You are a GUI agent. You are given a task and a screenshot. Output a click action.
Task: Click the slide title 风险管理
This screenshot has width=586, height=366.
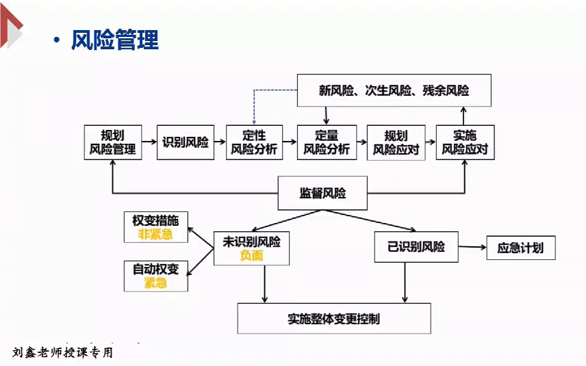pos(114,40)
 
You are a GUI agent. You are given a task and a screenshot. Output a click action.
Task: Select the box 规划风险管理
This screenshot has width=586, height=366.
pos(112,142)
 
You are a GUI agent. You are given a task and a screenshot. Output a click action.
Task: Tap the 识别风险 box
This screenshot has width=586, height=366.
pos(186,142)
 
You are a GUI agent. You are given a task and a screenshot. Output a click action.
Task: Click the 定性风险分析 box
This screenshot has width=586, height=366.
pos(253,142)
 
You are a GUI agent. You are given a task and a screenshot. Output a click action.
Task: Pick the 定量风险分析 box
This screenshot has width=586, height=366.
pos(326,142)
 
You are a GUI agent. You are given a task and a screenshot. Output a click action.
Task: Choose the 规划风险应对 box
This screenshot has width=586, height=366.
pos(396,142)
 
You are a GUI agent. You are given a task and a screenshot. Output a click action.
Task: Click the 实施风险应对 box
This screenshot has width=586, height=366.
pos(465,142)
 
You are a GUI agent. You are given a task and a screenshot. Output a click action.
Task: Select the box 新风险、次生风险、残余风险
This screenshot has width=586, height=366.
pos(394,90)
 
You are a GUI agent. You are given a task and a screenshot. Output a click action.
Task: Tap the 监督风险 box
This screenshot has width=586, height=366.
pos(322,193)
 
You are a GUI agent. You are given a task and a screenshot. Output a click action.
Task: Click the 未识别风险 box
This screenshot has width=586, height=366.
pos(251,248)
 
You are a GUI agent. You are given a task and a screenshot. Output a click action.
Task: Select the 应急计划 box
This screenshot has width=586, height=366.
pos(520,247)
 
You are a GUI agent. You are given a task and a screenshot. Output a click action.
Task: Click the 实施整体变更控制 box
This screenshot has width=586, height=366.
pos(334,318)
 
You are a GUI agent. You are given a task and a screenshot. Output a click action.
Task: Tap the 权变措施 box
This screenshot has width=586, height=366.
pos(155,228)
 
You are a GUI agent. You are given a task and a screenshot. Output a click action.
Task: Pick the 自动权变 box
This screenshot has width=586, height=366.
pos(155,276)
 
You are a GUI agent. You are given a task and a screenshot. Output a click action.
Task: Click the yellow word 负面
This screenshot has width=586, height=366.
pos(251,256)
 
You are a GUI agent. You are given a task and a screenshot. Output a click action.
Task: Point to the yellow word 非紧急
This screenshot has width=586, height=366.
pos(155,235)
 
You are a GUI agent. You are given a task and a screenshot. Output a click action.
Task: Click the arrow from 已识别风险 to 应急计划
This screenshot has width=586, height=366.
pos(472,246)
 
